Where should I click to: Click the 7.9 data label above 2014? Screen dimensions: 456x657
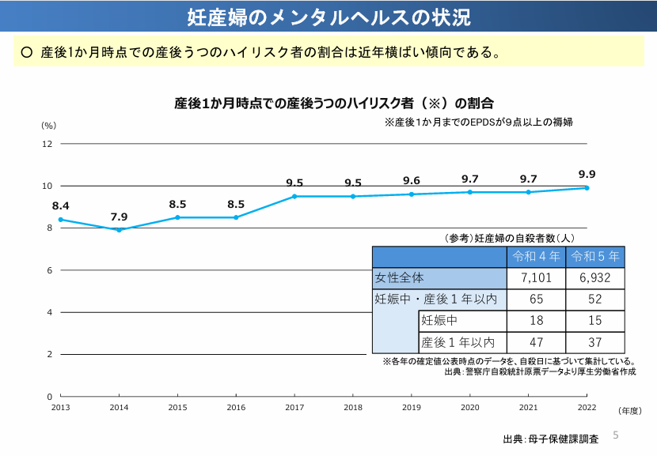click(119, 217)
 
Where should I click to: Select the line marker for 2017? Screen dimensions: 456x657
click(294, 196)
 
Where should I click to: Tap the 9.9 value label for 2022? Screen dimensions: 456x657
click(587, 175)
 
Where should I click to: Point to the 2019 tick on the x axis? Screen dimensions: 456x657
click(412, 407)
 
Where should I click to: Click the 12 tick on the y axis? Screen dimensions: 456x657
click(47, 144)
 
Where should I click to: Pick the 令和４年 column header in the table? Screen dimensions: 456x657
click(536, 257)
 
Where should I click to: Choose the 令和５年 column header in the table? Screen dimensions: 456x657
click(595, 257)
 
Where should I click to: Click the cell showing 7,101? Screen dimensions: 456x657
click(536, 278)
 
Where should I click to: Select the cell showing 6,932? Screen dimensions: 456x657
click(595, 278)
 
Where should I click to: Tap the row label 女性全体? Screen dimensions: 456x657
click(400, 278)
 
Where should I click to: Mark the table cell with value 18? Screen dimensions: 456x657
click(536, 321)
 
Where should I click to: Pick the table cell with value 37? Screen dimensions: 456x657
click(595, 342)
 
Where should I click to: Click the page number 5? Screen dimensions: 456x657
click(615, 435)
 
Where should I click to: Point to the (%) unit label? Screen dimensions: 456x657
click(49, 126)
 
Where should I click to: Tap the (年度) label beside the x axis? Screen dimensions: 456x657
click(630, 411)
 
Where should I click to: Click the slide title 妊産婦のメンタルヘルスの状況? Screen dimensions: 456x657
click(328, 17)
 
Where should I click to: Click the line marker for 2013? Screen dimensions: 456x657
click(60, 220)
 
